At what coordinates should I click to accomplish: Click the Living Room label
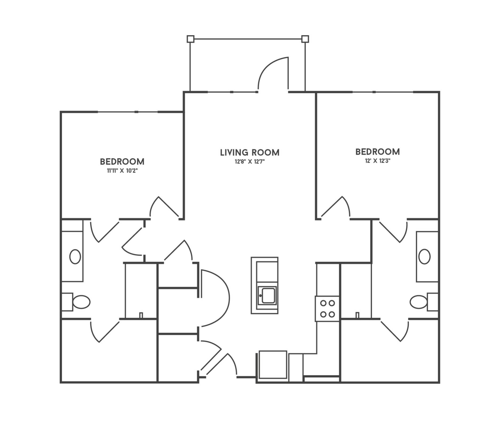pos(250,153)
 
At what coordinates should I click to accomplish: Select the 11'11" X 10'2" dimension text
pos(122,171)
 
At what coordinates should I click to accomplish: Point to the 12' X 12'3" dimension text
pos(377,161)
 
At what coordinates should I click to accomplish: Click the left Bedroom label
pos(122,162)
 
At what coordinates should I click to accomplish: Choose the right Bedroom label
pos(378,152)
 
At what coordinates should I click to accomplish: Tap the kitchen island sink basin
pos(268,296)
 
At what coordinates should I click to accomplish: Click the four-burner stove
pos(327,309)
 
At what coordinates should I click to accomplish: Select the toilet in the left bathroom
pos(76,302)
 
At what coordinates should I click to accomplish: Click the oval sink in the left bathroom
pos(75,257)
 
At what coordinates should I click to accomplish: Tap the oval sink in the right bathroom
pos(425,257)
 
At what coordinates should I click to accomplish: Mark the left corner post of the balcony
pos(191,39)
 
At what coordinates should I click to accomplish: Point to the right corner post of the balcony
pos(305,39)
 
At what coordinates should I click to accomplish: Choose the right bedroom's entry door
pos(335,208)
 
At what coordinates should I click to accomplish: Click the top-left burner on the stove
pos(323,303)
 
